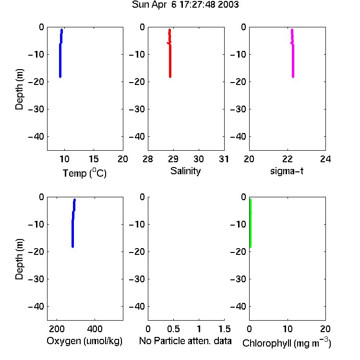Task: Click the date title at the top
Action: (185, 5)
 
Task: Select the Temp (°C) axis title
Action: (84, 173)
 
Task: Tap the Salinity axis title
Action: (185, 171)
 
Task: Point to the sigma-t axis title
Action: (287, 171)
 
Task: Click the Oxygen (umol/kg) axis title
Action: (84, 341)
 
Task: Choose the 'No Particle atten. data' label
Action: (185, 341)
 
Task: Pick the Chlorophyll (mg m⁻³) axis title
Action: (287, 343)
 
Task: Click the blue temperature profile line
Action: (60, 53)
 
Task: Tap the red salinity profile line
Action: (170, 53)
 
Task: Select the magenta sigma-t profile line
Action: (293, 53)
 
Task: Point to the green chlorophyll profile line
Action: (251, 223)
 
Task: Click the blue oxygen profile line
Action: (73, 223)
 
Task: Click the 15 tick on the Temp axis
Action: (94, 159)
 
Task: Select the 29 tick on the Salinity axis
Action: (173, 159)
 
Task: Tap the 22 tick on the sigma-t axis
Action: (287, 159)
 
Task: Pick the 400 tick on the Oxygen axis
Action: (95, 329)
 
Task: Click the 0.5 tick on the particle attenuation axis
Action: (173, 329)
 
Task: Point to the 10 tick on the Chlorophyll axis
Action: (288, 329)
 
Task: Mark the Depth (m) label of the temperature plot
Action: (19, 89)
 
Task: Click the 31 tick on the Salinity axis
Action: (224, 159)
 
